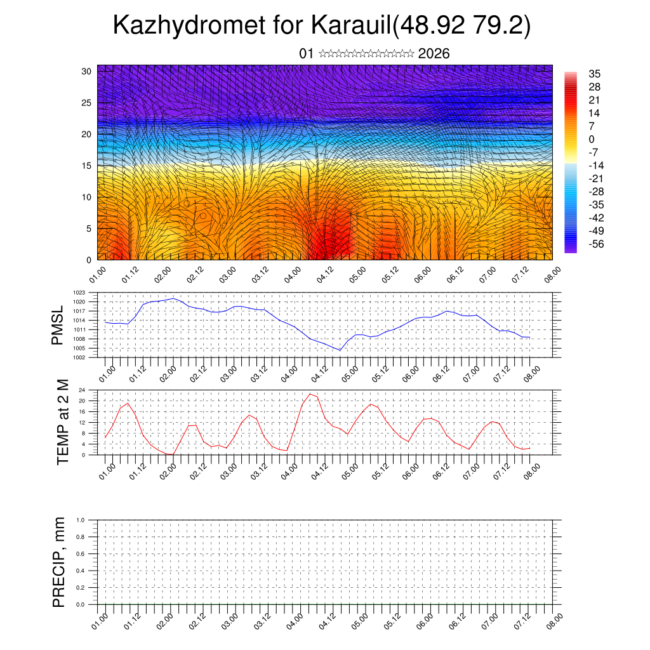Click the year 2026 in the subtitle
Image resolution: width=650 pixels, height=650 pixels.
(434, 54)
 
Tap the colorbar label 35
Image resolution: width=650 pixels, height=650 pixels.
(595, 74)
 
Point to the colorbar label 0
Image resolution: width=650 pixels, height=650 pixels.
(592, 139)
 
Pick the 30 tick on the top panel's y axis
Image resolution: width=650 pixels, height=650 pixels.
(87, 71)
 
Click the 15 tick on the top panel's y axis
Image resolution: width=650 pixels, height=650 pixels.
(87, 166)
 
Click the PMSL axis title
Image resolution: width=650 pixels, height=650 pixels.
(58, 326)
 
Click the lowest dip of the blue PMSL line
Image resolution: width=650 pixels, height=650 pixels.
(340, 350)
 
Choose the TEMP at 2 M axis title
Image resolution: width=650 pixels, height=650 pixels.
(62, 422)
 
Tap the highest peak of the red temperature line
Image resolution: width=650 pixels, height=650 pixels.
(310, 394)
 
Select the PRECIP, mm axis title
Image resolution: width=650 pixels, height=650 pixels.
(58, 562)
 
